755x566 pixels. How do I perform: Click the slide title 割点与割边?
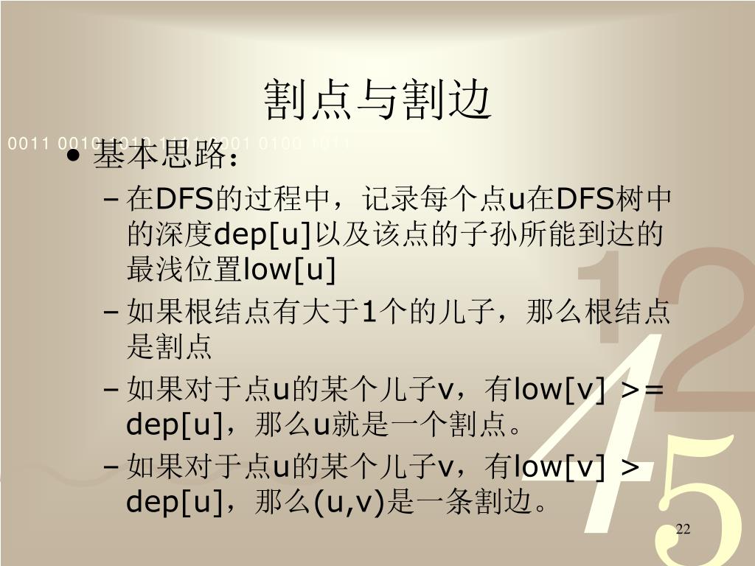point(377,101)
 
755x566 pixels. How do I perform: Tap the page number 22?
point(682,530)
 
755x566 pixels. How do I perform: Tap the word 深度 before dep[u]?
point(183,234)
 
